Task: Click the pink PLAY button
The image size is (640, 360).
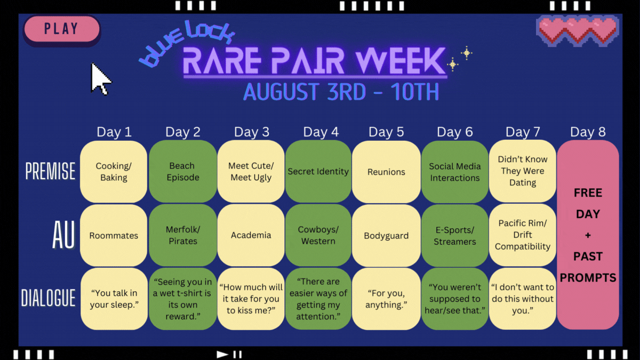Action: (62, 29)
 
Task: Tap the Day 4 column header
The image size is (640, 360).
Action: (321, 132)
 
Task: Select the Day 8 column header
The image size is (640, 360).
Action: (588, 132)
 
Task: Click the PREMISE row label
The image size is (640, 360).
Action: (50, 171)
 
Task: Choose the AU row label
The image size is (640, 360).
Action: (63, 235)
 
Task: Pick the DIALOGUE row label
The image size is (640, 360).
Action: (49, 298)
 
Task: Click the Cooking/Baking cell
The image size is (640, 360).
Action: (114, 171)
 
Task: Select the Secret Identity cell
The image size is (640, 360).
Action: (318, 171)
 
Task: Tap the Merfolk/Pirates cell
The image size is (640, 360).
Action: (183, 235)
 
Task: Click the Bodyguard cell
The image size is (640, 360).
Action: (386, 235)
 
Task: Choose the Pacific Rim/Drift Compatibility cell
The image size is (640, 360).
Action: (523, 235)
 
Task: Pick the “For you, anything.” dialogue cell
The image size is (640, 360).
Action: (386, 299)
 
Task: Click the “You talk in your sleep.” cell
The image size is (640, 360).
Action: (114, 299)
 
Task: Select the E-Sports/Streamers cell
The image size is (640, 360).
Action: (454, 235)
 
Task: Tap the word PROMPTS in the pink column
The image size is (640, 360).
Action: (588, 278)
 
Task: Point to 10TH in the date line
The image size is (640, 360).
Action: (414, 92)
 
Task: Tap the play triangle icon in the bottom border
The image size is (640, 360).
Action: (222, 354)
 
